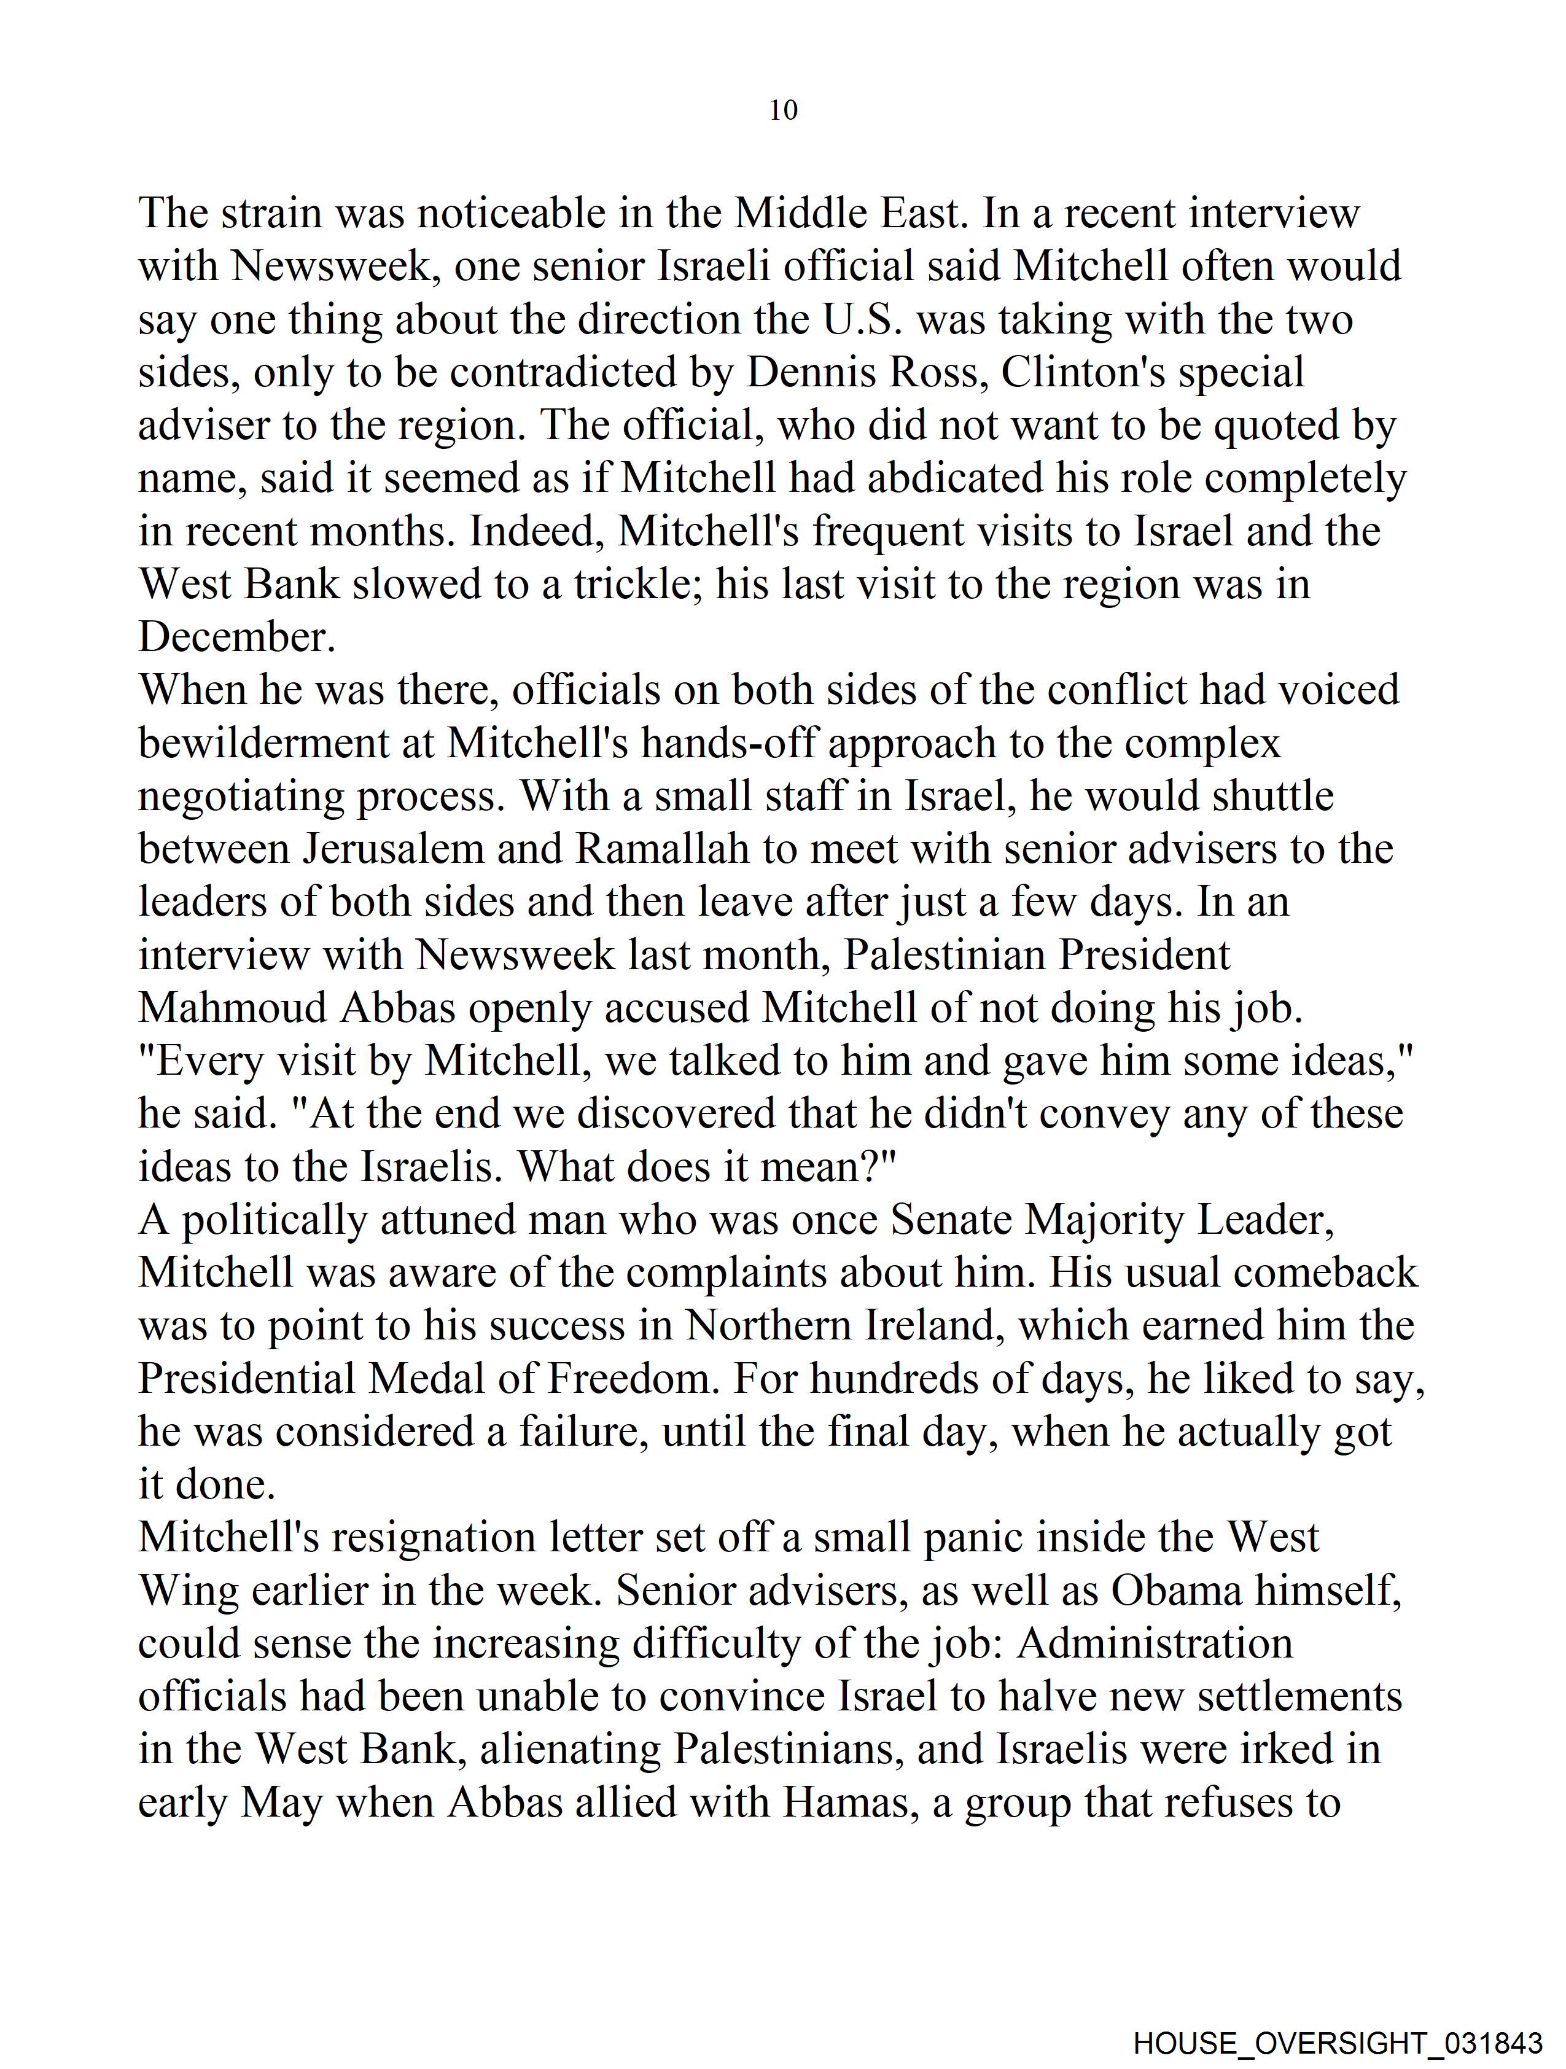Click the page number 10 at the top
[x=783, y=111]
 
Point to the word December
[x=236, y=638]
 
